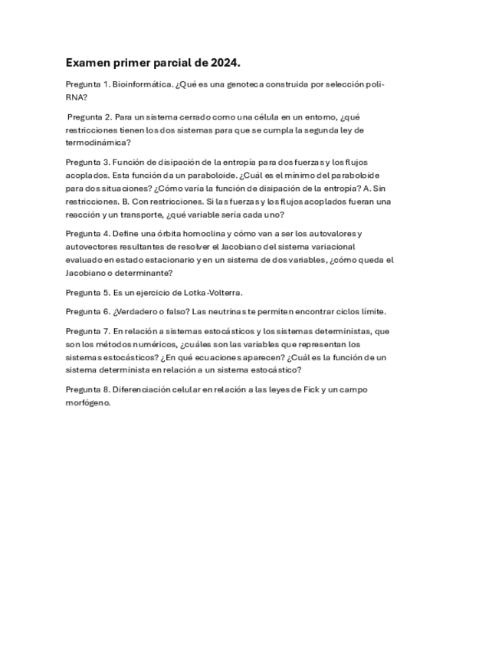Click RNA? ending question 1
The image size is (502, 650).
click(x=76, y=97)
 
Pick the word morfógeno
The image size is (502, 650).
click(x=87, y=402)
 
